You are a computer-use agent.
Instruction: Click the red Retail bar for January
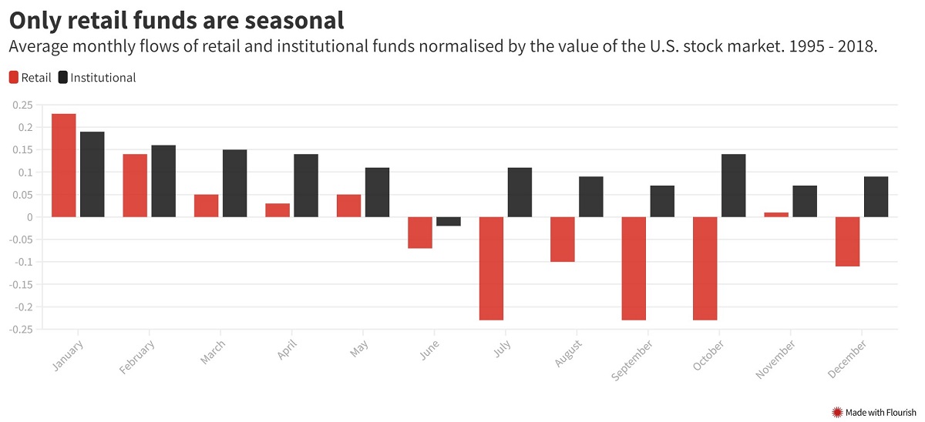click(x=64, y=166)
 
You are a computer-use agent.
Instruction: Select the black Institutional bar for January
click(x=92, y=174)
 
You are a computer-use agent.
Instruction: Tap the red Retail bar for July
click(x=491, y=268)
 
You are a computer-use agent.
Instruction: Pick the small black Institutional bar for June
click(x=449, y=222)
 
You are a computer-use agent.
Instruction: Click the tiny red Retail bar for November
click(x=776, y=215)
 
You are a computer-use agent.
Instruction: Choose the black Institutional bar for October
click(x=733, y=186)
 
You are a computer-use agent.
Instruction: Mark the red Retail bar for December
click(x=847, y=242)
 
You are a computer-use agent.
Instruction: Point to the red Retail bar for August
click(x=562, y=239)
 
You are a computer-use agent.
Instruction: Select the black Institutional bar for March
click(x=235, y=183)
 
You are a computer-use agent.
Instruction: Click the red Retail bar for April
click(x=277, y=210)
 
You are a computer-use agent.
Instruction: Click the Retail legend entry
click(x=30, y=77)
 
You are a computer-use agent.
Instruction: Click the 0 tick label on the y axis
click(x=30, y=217)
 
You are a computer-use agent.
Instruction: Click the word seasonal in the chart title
click(x=283, y=20)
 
